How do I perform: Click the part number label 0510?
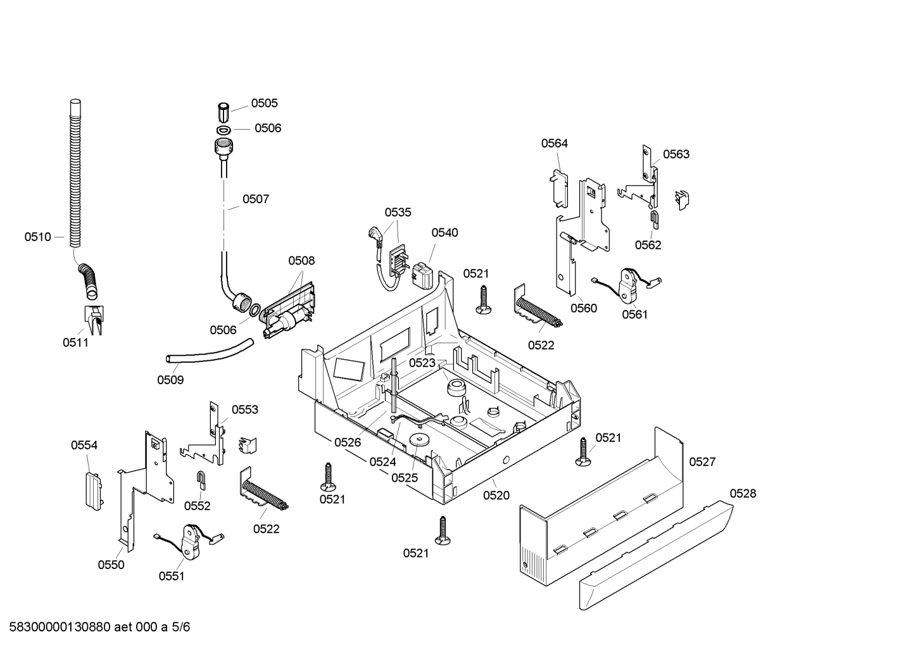pyautogui.click(x=37, y=237)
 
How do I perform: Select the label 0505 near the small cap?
pyautogui.click(x=264, y=103)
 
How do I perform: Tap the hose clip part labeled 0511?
pyautogui.click(x=93, y=319)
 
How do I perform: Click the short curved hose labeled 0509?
pyautogui.click(x=210, y=353)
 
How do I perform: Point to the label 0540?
pyautogui.click(x=444, y=233)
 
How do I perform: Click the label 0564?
pyautogui.click(x=554, y=144)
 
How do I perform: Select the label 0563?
pyautogui.click(x=676, y=154)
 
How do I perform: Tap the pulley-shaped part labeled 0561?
pyautogui.click(x=629, y=286)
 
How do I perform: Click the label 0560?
pyautogui.click(x=583, y=308)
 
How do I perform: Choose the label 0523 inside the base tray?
pyautogui.click(x=422, y=363)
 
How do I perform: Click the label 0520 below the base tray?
pyautogui.click(x=496, y=496)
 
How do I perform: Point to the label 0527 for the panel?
pyautogui.click(x=702, y=462)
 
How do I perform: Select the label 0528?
pyautogui.click(x=743, y=494)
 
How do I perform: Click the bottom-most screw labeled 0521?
pyautogui.click(x=443, y=530)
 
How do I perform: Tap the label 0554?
pyautogui.click(x=84, y=446)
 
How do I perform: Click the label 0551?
pyautogui.click(x=172, y=576)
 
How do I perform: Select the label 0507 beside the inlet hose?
pyautogui.click(x=256, y=199)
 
